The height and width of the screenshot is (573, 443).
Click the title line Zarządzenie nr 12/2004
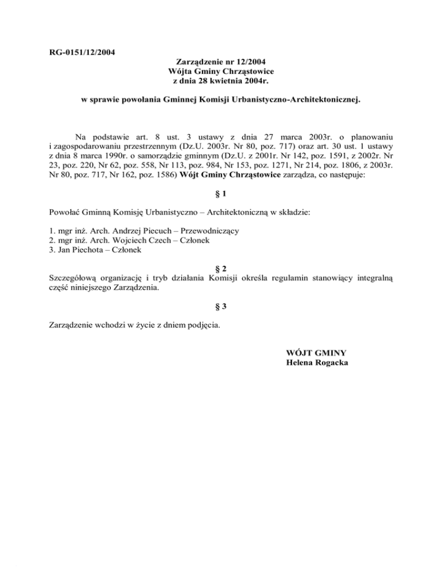point(221,62)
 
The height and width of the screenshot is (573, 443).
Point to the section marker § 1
point(221,193)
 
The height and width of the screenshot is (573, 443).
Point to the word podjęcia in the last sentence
point(202,325)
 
